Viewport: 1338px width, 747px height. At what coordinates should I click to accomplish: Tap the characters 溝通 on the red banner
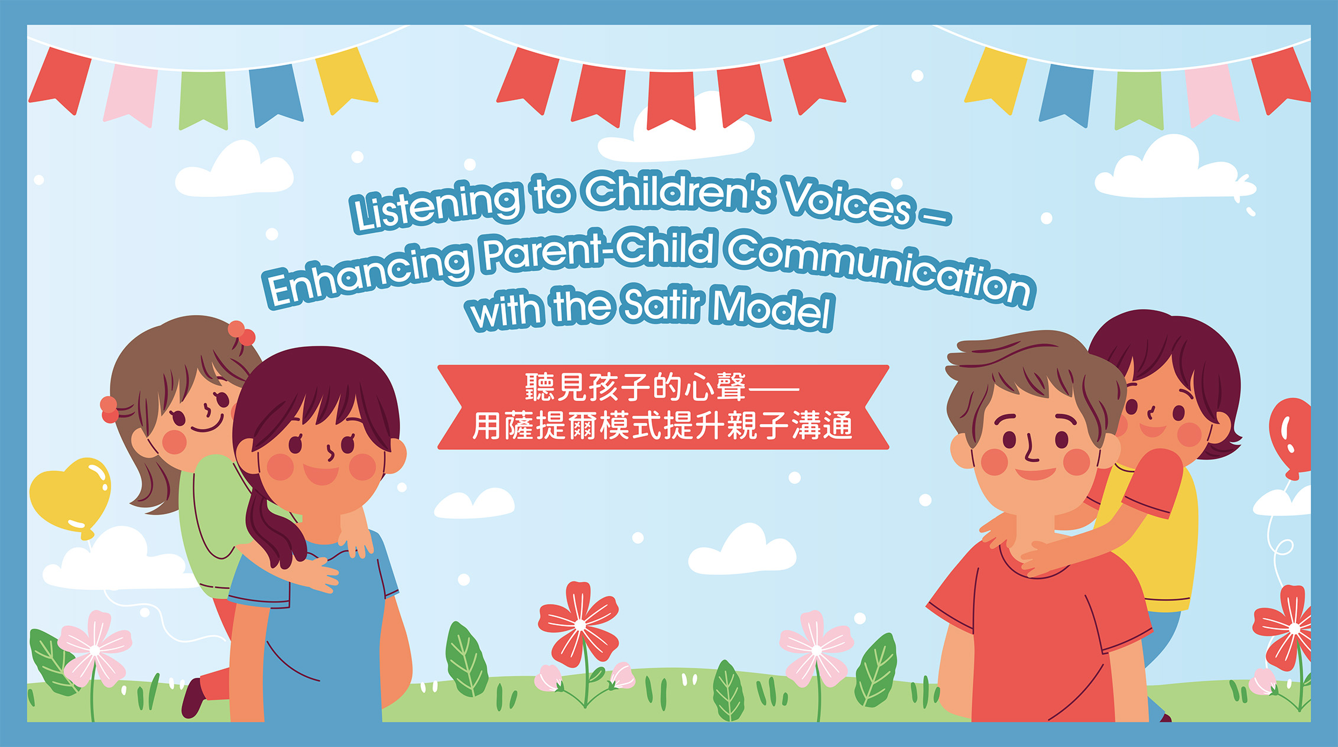pyautogui.click(x=822, y=425)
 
